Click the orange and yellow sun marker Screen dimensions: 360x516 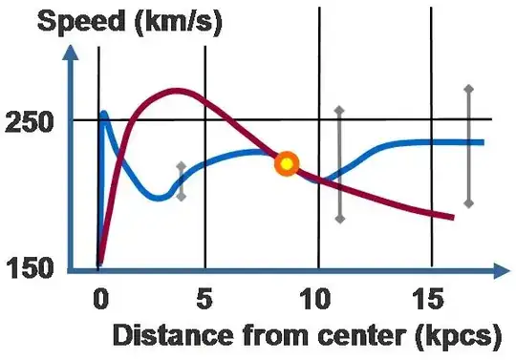286,163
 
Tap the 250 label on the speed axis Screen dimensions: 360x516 29,122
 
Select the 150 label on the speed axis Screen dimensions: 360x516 29,270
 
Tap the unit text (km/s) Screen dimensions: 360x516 176,21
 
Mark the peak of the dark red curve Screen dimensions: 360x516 175,91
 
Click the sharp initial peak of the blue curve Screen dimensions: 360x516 103,113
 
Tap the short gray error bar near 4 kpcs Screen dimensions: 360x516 182,181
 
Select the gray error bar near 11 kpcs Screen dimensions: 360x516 339,164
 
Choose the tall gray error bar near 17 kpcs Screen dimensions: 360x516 468,145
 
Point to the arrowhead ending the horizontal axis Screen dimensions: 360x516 500,272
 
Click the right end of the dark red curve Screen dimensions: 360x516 451,218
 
